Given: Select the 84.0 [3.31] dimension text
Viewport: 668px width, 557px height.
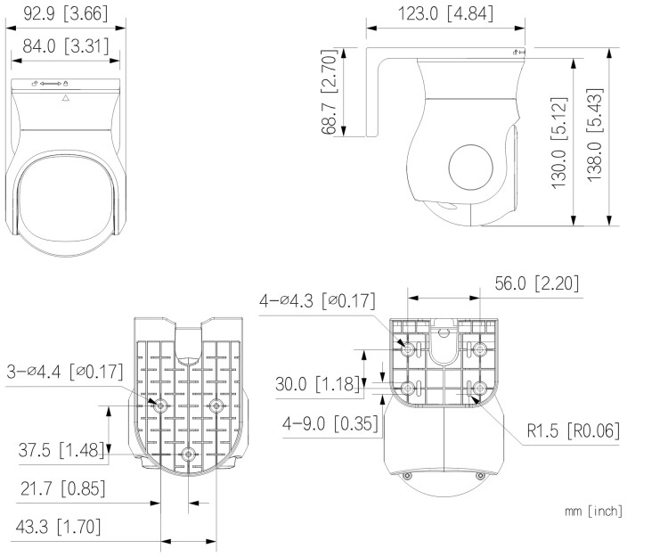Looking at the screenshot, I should [65, 46].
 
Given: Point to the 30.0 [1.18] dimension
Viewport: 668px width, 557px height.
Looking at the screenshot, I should [318, 384].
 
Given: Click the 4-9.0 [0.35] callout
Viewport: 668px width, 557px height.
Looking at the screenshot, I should [318, 422].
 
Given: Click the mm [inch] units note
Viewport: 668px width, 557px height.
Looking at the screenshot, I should [593, 511].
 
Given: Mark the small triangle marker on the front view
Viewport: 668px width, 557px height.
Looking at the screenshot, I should [65, 98].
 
